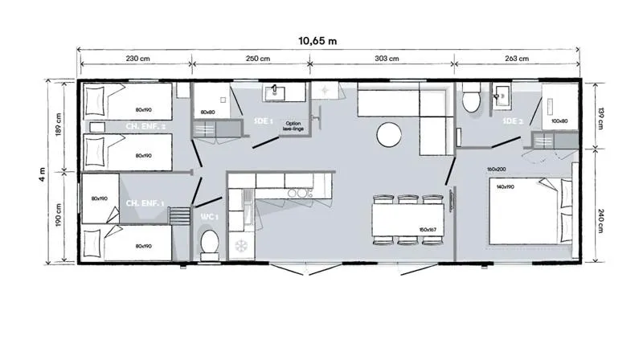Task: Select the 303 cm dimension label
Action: pos(387,59)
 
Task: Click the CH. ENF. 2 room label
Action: pos(145,126)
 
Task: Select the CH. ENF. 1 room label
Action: pos(145,204)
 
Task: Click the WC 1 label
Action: pos(208,216)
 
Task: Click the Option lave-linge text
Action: pos(292,125)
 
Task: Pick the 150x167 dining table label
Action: pos(428,229)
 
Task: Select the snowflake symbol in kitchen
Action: pos(239,244)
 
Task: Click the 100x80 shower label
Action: pos(559,121)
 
